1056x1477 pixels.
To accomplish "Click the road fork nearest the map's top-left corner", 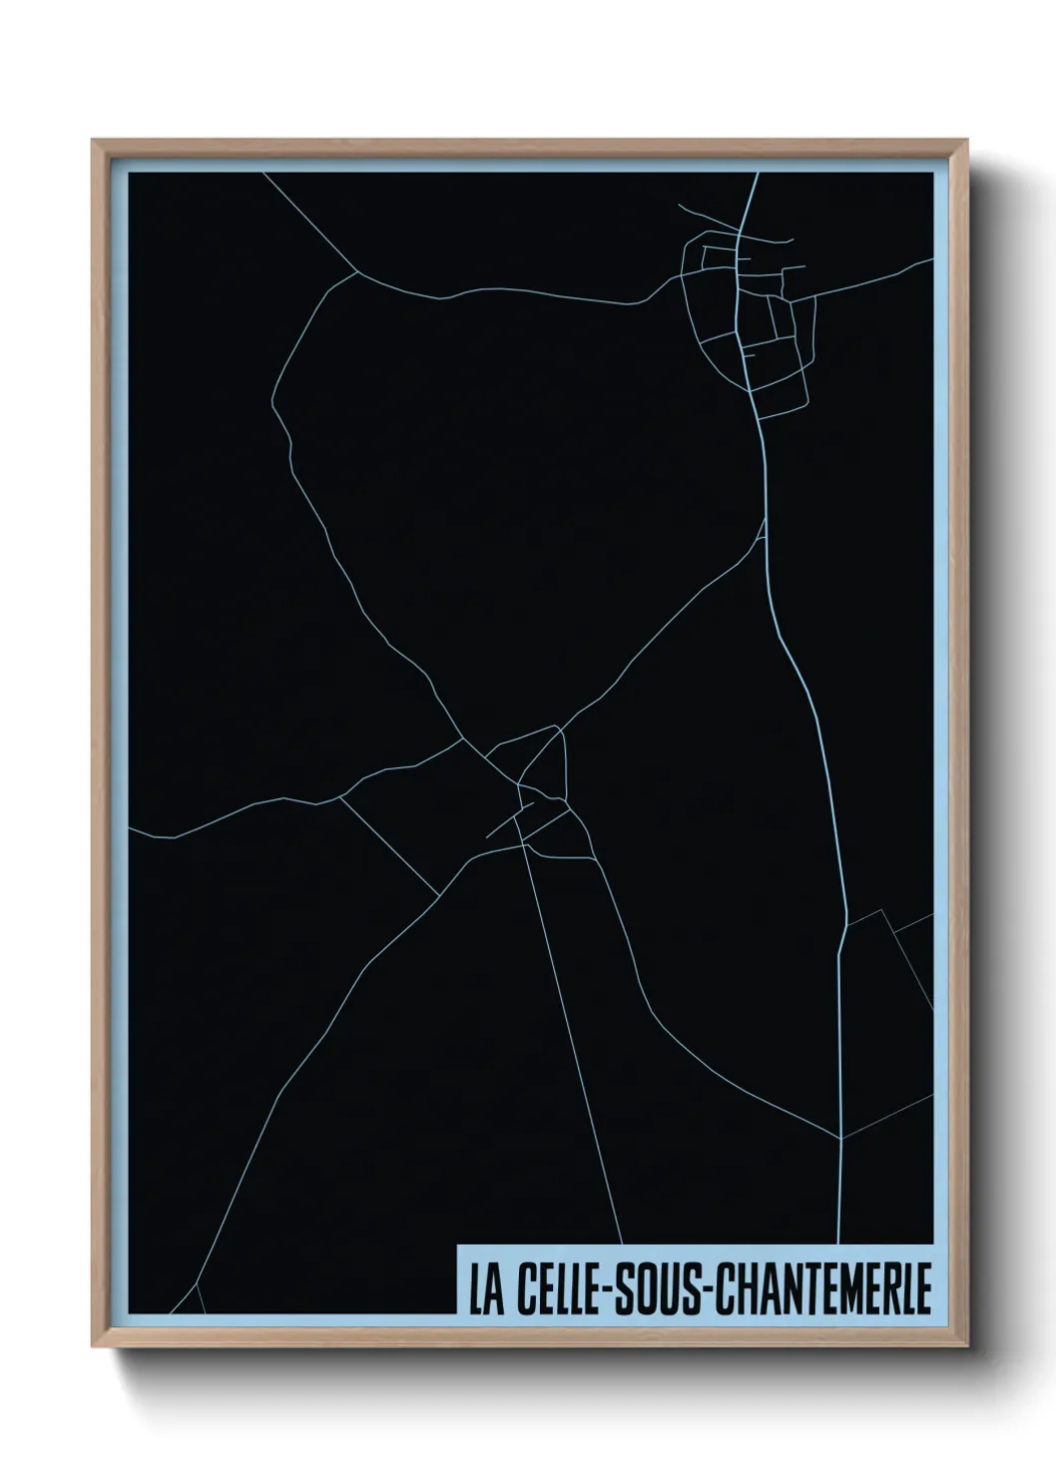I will click(358, 270).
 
